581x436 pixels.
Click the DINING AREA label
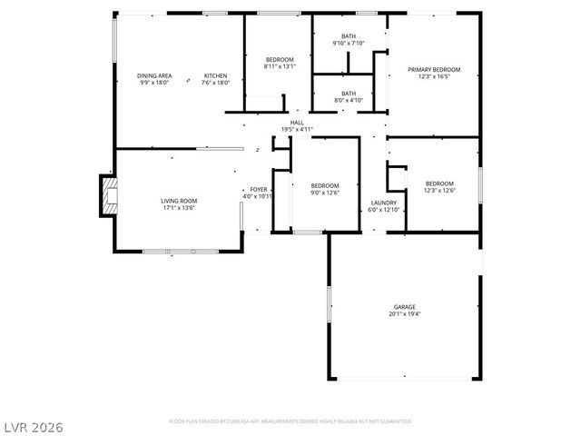(x=154, y=75)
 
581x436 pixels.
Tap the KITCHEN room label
(x=215, y=75)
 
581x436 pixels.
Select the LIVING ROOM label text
(x=179, y=201)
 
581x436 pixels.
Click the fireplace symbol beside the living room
(x=109, y=195)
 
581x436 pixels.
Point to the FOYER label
(x=258, y=189)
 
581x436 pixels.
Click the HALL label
(x=297, y=123)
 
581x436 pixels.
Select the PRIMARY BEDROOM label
(x=433, y=70)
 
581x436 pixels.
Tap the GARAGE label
(x=404, y=308)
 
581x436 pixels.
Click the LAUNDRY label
(x=383, y=203)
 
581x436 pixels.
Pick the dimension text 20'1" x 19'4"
(x=404, y=315)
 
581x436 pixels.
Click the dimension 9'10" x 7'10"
(x=349, y=43)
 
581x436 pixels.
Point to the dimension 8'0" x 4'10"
(x=349, y=99)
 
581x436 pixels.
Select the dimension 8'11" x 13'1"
(x=279, y=66)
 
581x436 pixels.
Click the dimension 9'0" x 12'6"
(x=324, y=192)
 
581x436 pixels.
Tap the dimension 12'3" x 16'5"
(x=433, y=77)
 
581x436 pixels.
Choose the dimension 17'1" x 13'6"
(x=179, y=208)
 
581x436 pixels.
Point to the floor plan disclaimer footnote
(x=290, y=421)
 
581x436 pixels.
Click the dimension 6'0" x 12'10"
(x=383, y=210)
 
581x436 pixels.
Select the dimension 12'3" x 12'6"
(x=439, y=190)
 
